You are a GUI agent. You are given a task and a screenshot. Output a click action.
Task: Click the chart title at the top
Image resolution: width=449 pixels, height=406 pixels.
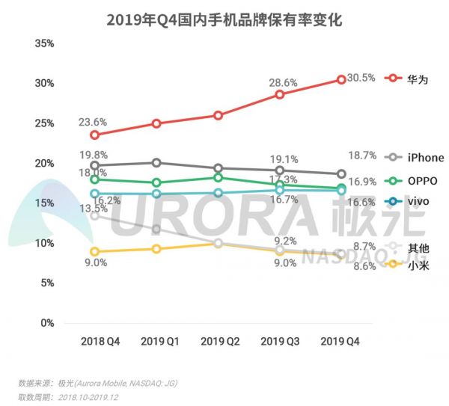pos(224,20)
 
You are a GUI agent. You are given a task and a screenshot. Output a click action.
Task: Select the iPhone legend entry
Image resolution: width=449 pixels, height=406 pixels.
pos(415,158)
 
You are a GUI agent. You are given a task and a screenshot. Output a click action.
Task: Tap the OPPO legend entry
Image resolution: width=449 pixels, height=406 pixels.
pos(412,181)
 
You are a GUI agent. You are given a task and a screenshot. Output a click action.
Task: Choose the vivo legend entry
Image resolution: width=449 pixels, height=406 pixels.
pos(409,201)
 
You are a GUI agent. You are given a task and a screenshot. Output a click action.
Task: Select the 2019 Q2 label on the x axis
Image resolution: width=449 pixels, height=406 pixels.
pos(218,341)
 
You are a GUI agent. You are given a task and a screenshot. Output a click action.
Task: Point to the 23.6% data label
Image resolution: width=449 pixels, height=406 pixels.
pos(94,122)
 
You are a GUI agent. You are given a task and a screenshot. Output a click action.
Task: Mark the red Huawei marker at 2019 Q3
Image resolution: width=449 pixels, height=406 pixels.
pos(280,95)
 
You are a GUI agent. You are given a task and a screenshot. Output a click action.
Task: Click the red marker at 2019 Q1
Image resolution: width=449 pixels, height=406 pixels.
pos(156,123)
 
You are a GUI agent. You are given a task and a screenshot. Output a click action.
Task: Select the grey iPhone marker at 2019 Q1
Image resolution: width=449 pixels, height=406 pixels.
pos(156,162)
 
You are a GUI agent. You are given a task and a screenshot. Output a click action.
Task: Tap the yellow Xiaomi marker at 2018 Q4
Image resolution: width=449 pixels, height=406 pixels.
pos(95,252)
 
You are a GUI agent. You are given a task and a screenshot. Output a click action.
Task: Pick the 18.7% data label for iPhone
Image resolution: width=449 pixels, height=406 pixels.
pos(362,154)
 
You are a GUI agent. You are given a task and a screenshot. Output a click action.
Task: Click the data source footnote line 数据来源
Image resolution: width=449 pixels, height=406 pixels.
pos(98,383)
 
